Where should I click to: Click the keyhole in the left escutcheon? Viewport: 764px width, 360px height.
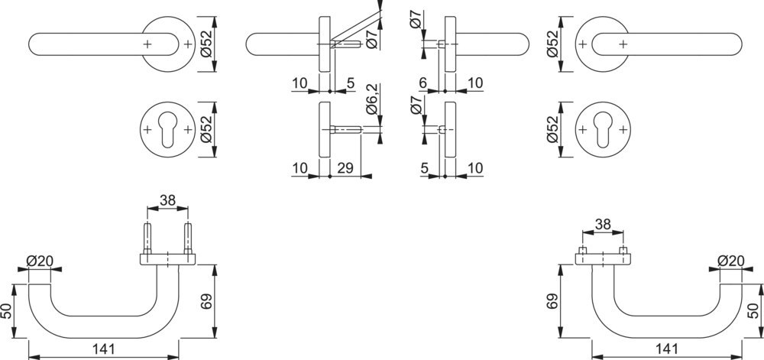tap(167, 131)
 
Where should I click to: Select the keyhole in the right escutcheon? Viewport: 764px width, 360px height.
tap(601, 131)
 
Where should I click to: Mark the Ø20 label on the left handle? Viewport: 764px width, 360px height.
tap(40, 261)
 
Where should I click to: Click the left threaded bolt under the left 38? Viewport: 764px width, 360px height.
tap(148, 238)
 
